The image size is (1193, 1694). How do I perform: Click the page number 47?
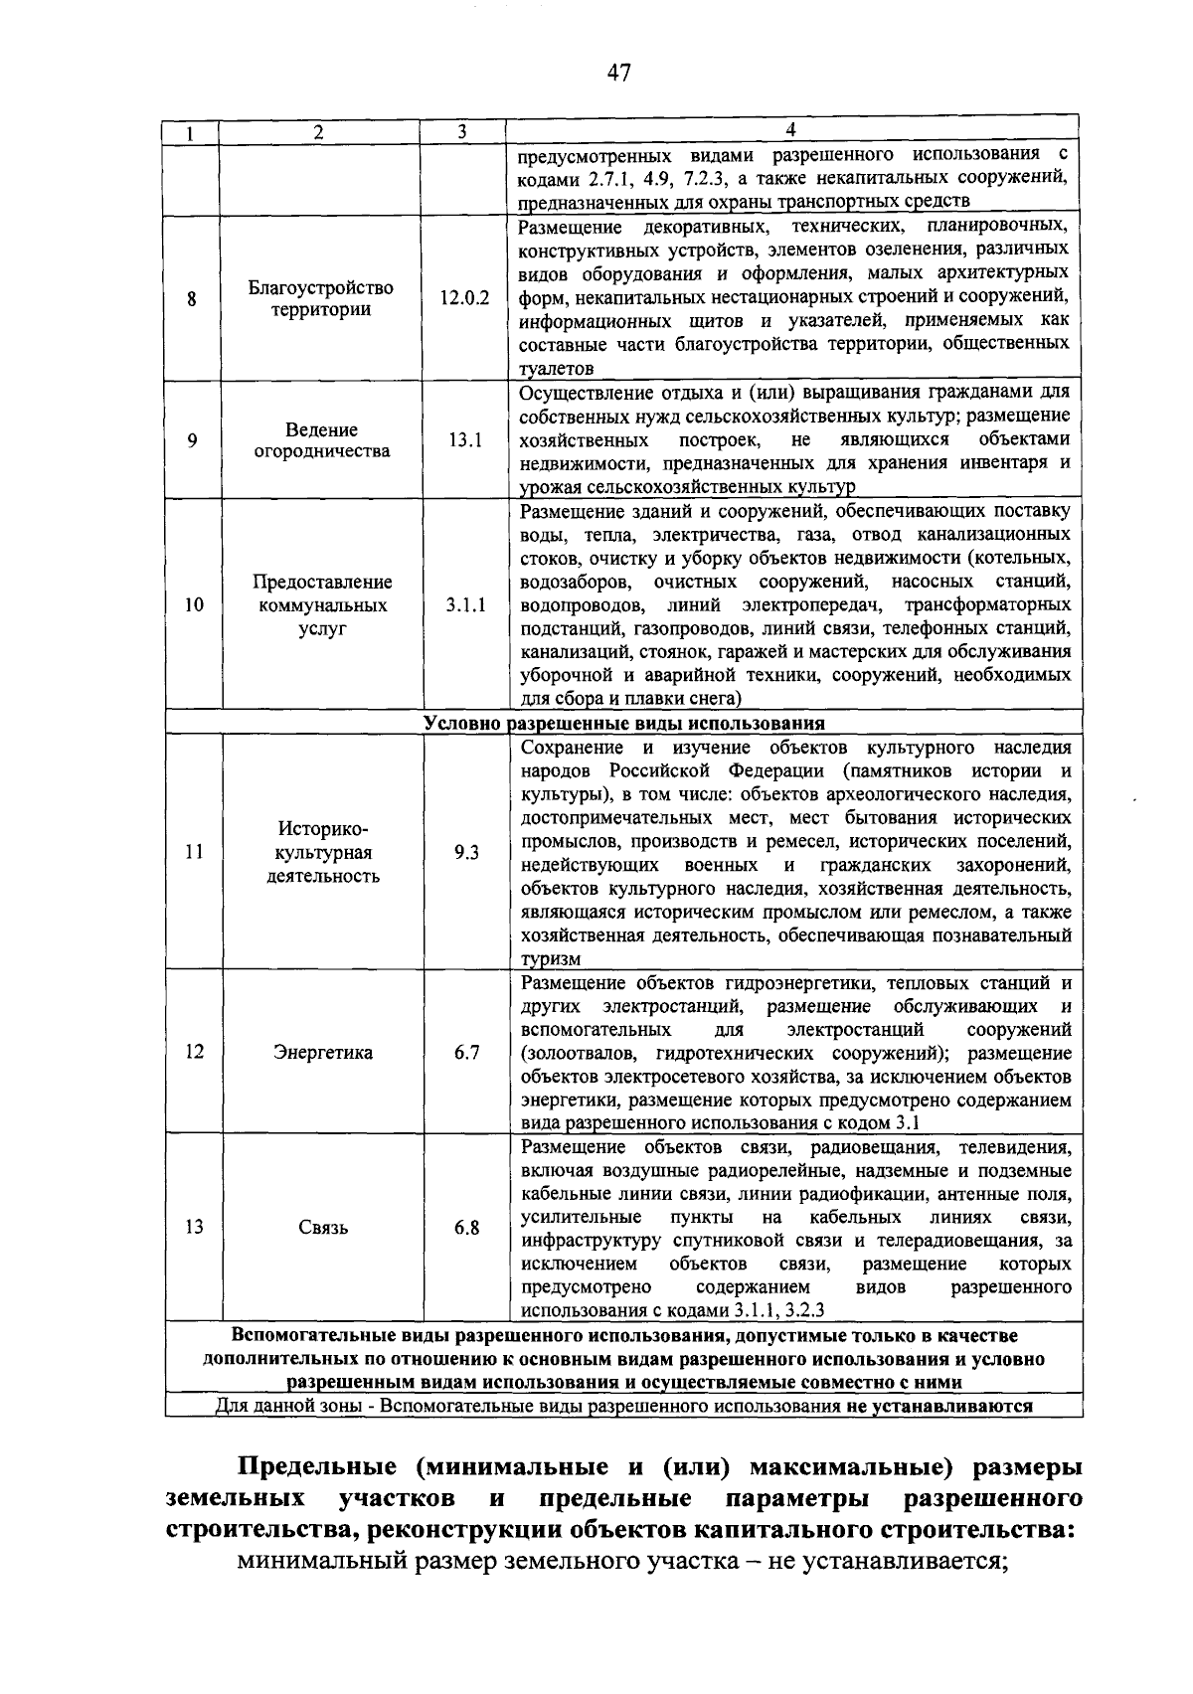click(x=618, y=73)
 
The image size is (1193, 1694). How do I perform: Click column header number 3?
click(x=462, y=131)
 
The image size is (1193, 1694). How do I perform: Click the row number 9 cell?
click(x=192, y=439)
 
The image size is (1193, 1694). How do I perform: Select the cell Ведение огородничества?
click(x=320, y=440)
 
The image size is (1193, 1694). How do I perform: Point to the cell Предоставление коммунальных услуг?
click(x=320, y=605)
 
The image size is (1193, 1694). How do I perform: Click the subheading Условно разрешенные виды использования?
click(x=623, y=723)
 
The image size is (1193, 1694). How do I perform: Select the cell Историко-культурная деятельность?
click(x=321, y=852)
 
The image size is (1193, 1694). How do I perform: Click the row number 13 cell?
click(x=194, y=1228)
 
